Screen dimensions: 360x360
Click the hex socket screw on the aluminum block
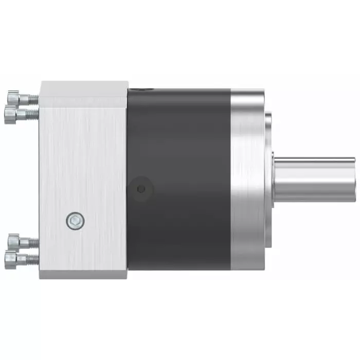[74, 221]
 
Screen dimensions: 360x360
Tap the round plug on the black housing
[140, 189]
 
